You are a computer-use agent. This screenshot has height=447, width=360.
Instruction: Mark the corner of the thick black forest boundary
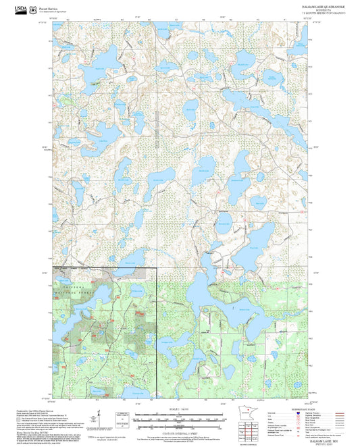click(157, 268)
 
